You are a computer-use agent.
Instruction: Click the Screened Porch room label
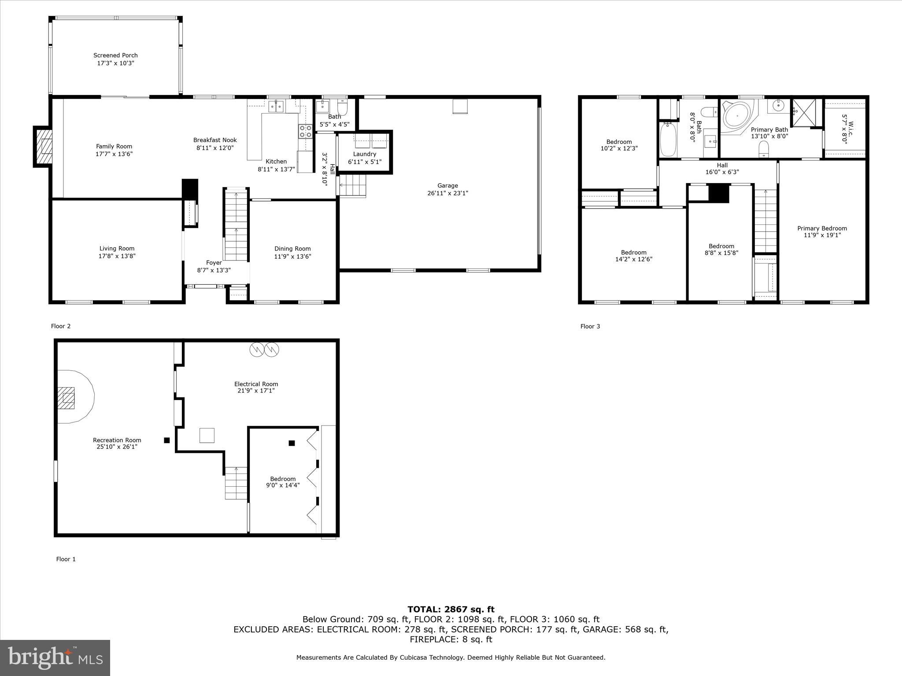[x=115, y=55]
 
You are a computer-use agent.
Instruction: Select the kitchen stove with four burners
[x=306, y=131]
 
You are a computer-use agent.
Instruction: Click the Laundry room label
[x=365, y=154]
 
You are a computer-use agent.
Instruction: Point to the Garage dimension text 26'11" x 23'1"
[x=447, y=193]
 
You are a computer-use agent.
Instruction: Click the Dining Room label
[x=292, y=249]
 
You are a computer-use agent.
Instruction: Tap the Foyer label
[x=214, y=263]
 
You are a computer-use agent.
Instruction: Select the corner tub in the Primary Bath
[x=737, y=117]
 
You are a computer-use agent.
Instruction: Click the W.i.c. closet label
[x=844, y=132]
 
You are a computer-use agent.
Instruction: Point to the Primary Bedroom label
[x=822, y=228]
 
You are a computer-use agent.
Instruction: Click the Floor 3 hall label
[x=722, y=165]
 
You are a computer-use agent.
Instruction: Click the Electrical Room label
[x=256, y=384]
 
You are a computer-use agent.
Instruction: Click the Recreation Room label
[x=117, y=440]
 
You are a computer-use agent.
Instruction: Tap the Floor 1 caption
[x=66, y=559]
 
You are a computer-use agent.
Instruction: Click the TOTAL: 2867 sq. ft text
[x=451, y=609]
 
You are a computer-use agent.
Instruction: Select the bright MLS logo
[x=55, y=658]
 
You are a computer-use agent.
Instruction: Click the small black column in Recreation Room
[x=166, y=440]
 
